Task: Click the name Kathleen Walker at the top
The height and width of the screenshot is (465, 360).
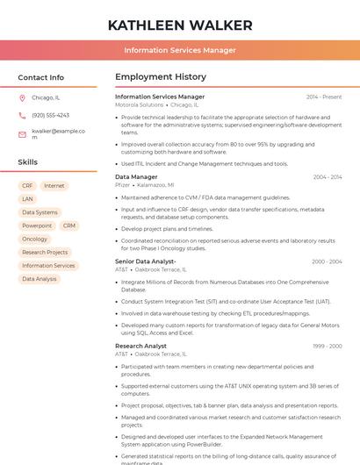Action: coord(179,25)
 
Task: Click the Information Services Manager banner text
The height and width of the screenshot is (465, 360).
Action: coord(179,50)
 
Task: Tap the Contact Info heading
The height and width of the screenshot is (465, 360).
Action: coord(40,77)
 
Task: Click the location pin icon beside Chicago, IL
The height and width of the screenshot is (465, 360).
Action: coord(22,98)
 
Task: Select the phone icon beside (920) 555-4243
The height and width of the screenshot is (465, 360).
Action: coord(22,115)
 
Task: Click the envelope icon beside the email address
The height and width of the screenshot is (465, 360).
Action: coord(22,134)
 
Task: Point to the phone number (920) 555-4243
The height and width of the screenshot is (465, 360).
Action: coord(50,115)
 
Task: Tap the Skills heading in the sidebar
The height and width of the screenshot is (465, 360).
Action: coord(28,162)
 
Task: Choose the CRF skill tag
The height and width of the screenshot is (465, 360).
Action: coord(27,186)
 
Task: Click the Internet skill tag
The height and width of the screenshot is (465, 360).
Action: coord(54,186)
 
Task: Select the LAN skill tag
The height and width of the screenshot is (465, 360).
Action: coord(27,199)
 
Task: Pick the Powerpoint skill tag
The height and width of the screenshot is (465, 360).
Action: coord(37,225)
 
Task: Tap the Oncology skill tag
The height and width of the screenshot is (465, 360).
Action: coord(35,239)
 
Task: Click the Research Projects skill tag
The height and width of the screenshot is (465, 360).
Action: coord(45,252)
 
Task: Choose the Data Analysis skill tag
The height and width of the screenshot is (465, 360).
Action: coord(40,279)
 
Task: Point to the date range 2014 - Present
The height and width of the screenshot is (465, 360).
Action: coord(324,97)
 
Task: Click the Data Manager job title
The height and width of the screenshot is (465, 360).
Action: coord(136,177)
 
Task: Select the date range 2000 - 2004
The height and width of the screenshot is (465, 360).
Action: coord(327,261)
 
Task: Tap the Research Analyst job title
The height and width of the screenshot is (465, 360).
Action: coord(140,346)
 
